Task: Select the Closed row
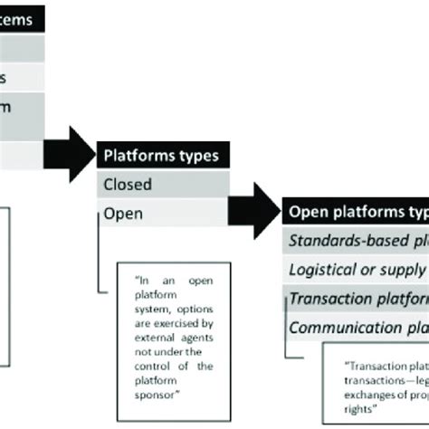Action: coord(128,185)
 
